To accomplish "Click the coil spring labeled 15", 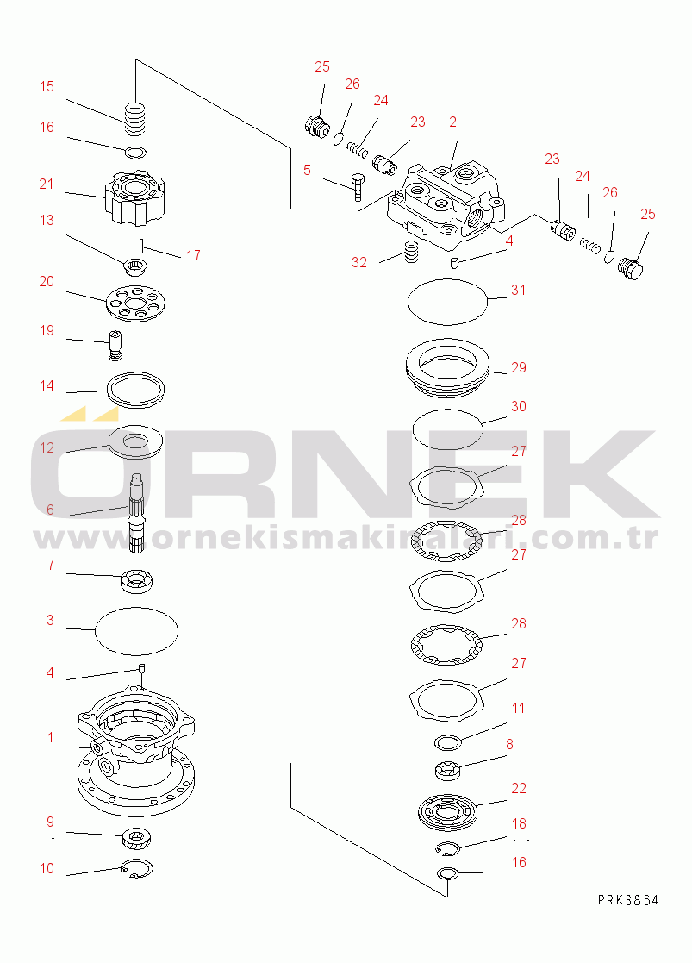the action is point(135,118).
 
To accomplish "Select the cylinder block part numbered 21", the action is point(135,197).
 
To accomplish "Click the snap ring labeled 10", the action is point(137,868).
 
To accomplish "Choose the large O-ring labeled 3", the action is point(137,631).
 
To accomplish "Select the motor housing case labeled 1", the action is point(136,749).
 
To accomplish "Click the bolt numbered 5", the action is point(358,187).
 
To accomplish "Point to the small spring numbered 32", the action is point(411,252).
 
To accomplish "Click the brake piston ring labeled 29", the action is point(448,366).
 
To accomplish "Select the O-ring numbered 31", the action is point(448,302).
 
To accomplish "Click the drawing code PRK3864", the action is point(628,900).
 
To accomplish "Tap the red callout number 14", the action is point(47,385).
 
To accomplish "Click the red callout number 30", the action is point(519,406).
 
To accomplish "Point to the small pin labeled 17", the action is point(141,245).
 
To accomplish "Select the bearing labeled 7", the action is point(137,581).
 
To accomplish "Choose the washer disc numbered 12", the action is point(135,441).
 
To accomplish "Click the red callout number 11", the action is point(519,708).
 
